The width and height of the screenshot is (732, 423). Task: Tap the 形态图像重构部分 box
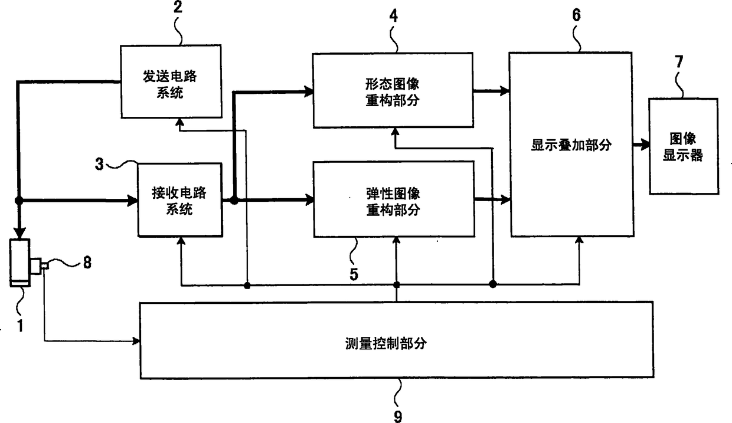click(x=393, y=90)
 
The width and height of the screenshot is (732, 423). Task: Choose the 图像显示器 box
click(x=684, y=147)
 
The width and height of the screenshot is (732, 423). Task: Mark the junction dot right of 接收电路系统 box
click(x=234, y=201)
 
